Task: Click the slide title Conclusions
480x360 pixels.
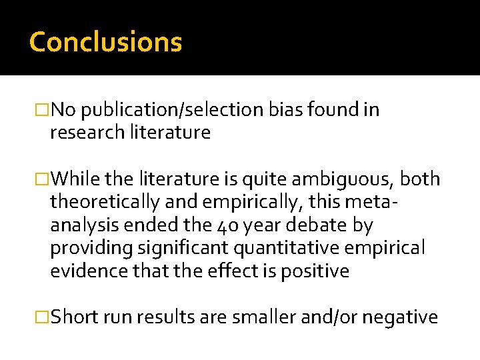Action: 105,41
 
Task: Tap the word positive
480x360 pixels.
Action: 317,271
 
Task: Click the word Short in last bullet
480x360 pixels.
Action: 73,317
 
